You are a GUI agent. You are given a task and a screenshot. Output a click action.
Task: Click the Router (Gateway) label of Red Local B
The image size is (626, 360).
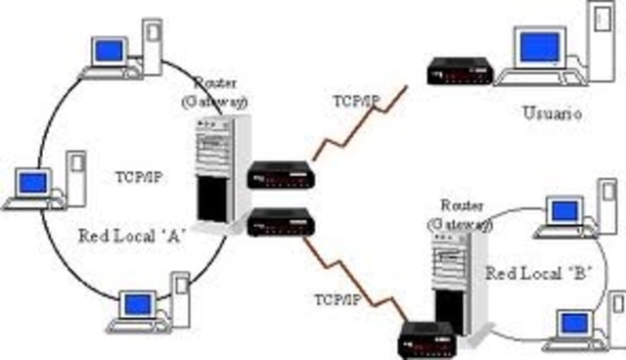[465, 216]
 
